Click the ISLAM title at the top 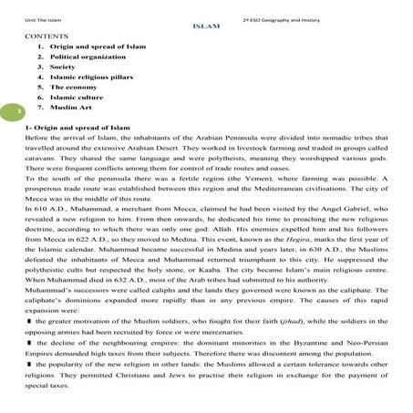(x=206, y=26)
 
